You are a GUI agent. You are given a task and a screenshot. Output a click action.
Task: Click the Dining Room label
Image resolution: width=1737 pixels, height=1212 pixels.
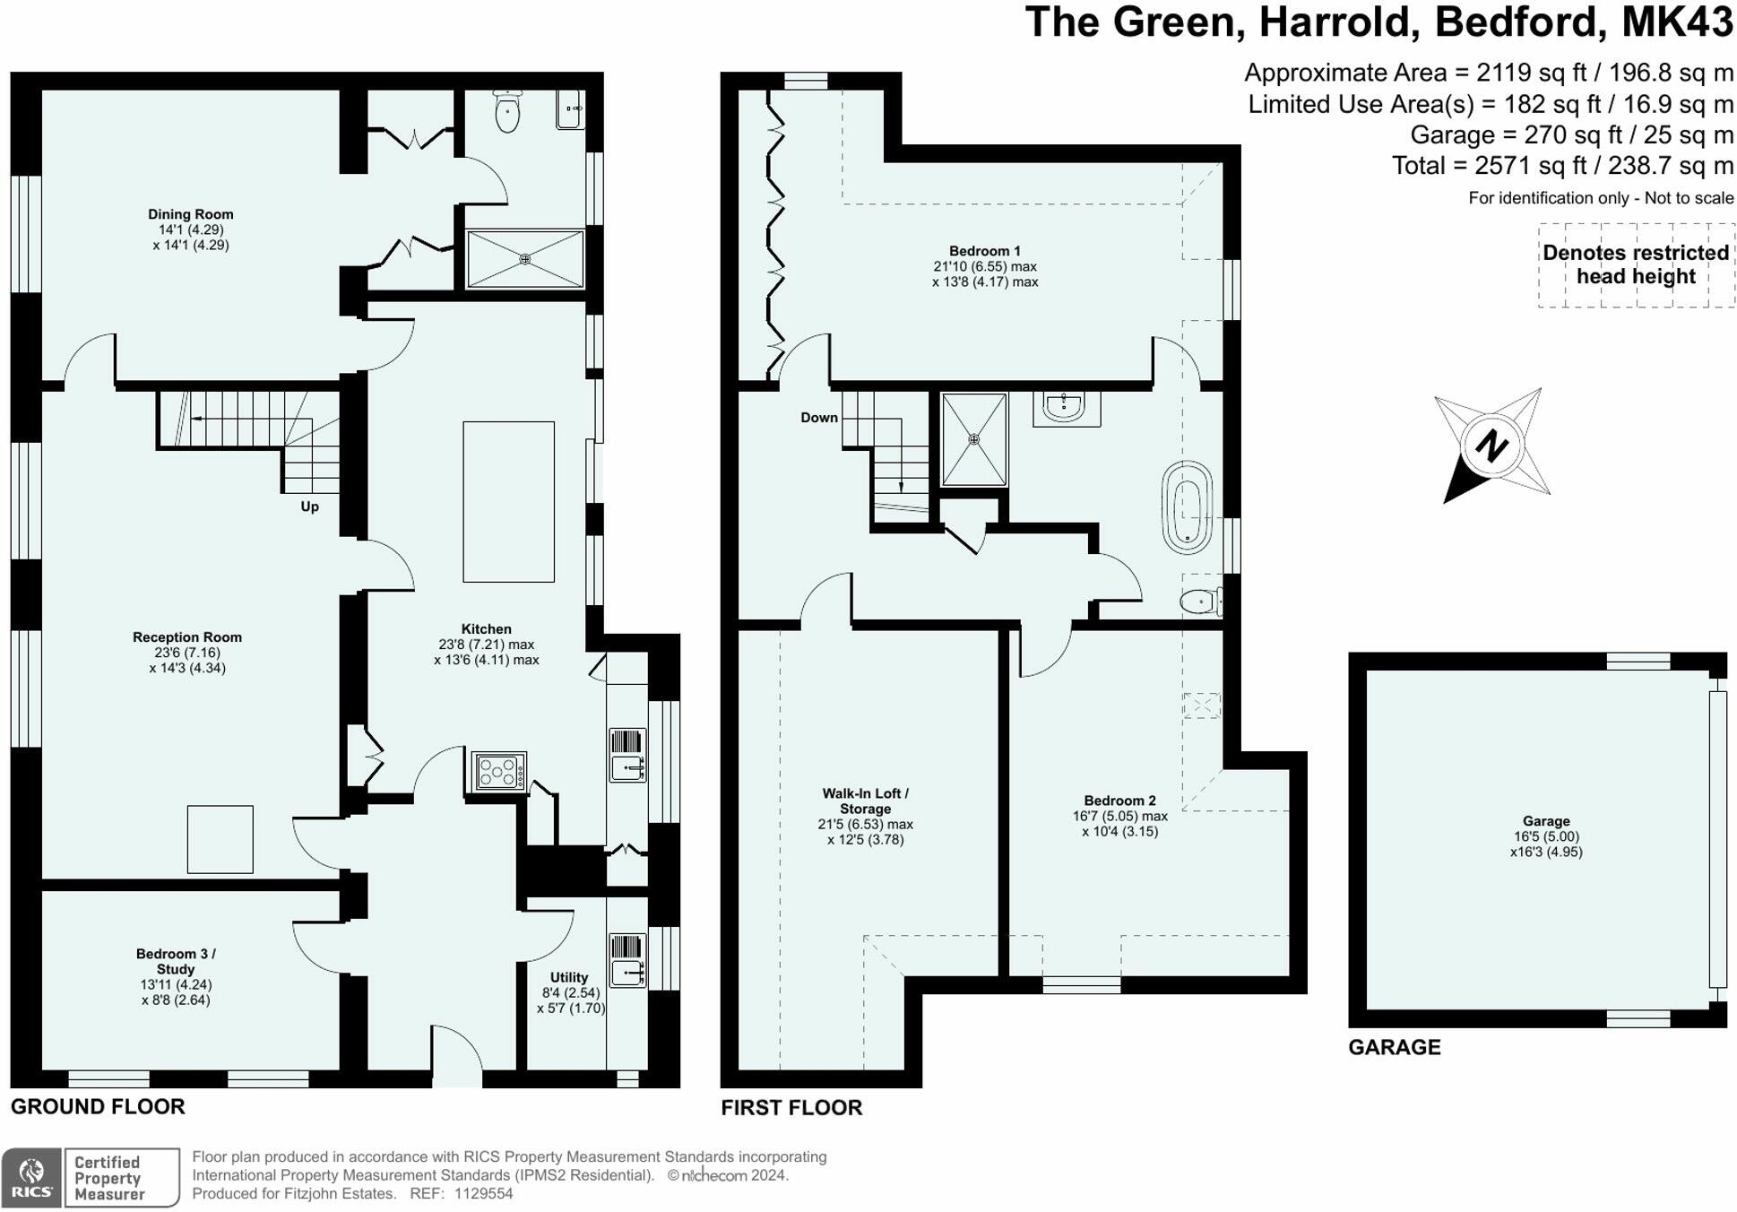click(x=191, y=214)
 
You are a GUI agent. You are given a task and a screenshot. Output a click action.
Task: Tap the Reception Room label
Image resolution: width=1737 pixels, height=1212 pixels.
click(x=187, y=637)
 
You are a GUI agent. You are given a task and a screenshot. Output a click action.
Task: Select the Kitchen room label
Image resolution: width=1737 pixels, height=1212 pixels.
click(x=487, y=629)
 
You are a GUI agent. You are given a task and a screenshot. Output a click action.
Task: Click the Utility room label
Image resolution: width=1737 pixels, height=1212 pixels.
click(x=569, y=977)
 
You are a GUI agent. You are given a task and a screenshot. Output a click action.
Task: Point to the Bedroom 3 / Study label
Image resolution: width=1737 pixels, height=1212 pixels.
click(x=176, y=961)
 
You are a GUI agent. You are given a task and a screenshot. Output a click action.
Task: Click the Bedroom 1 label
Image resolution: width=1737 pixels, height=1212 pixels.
click(x=985, y=251)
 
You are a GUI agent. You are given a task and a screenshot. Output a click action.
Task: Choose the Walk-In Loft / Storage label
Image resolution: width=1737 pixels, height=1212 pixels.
click(x=866, y=801)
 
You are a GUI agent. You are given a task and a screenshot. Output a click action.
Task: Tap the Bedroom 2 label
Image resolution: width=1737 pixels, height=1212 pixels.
click(x=1120, y=801)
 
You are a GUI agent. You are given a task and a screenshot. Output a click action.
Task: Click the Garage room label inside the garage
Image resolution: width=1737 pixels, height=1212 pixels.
click(x=1546, y=821)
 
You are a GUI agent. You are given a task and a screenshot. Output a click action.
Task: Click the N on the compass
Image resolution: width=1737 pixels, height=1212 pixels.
click(x=1491, y=446)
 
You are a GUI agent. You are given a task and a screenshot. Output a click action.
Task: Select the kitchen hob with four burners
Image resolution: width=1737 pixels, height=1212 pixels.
click(x=499, y=771)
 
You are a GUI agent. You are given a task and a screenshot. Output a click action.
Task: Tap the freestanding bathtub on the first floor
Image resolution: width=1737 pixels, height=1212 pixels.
click(x=1188, y=507)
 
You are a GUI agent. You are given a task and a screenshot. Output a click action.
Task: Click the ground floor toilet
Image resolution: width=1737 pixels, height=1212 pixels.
click(x=507, y=111)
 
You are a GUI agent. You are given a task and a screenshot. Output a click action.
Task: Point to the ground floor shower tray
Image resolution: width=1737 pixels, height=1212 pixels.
click(x=525, y=259)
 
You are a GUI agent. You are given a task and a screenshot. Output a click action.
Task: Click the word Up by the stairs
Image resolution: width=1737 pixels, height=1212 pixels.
click(x=310, y=506)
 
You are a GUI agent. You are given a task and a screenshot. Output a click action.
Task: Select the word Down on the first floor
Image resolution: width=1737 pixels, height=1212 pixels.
click(x=819, y=418)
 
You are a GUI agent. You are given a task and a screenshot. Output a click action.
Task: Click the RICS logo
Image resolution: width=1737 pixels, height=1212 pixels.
click(x=31, y=1177)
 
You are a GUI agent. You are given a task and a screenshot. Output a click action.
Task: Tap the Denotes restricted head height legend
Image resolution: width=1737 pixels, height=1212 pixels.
click(x=1637, y=264)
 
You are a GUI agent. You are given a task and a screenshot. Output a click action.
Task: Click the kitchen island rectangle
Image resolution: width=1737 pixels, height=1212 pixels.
click(x=508, y=502)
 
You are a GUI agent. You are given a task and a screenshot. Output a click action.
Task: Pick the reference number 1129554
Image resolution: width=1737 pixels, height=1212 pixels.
click(x=484, y=1194)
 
